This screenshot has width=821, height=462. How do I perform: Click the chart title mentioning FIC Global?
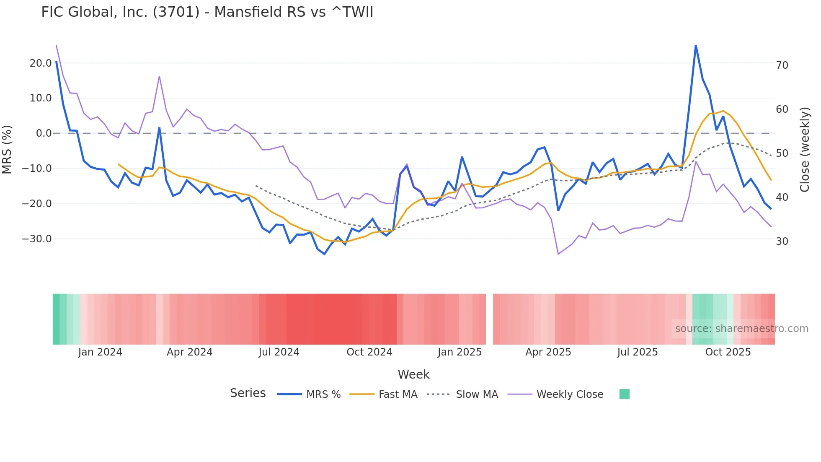pos(207,12)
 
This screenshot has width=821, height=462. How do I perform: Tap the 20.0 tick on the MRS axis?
pos(41,63)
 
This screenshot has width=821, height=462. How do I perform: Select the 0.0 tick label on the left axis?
pos(44,133)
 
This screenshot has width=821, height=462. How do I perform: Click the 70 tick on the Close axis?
pos(782,65)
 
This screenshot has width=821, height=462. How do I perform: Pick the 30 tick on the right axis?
pos(782,241)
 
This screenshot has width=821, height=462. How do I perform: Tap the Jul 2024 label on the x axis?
pos(279,352)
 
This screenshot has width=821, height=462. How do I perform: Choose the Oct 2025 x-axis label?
pos(728,352)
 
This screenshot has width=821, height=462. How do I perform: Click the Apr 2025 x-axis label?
pos(548,352)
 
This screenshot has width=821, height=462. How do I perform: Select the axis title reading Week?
pos(413,374)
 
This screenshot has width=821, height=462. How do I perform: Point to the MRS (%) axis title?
pos(7,149)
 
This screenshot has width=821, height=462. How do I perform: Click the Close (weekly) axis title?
pos(805,150)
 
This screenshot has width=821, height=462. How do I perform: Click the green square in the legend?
pos(625,394)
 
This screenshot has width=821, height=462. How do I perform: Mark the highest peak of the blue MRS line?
pos(696,46)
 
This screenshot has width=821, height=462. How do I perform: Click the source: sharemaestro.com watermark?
pos(741,329)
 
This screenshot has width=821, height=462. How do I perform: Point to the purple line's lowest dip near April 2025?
pos(558,254)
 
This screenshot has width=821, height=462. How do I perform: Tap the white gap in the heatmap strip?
pos(489,319)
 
